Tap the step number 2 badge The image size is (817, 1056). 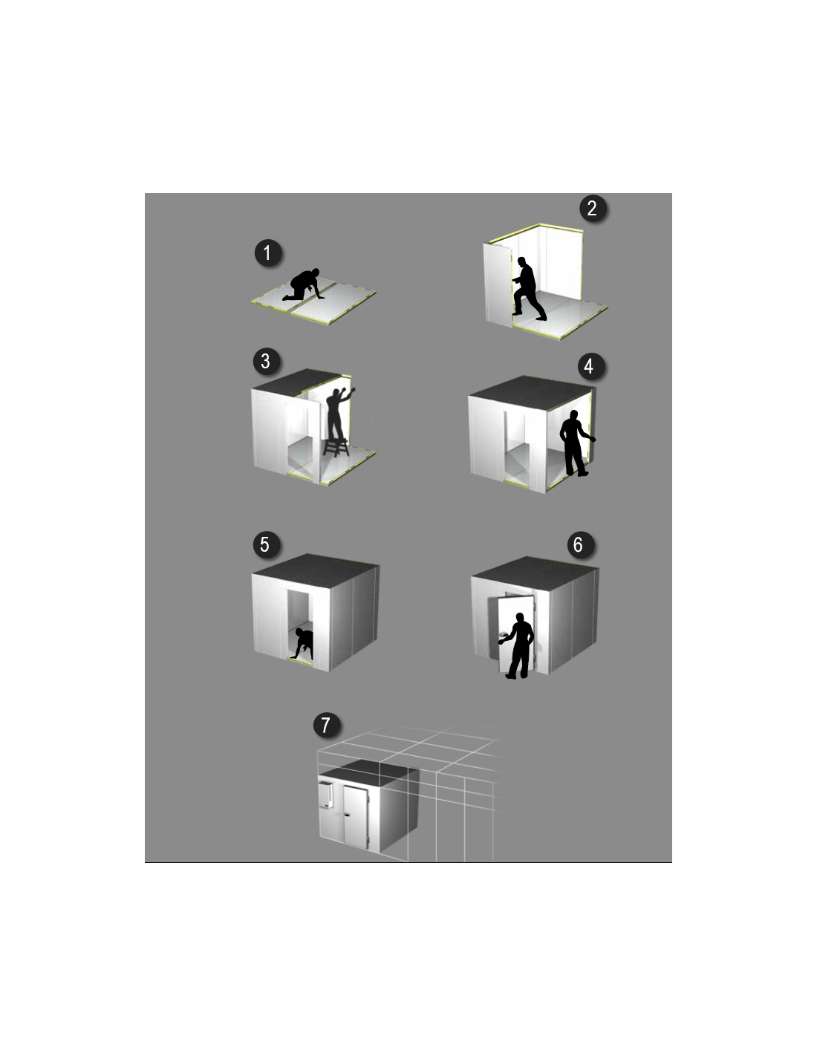pos(592,208)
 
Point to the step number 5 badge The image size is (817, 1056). pos(265,544)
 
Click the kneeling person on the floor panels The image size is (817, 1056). pos(302,285)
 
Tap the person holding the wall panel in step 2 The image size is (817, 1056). pos(528,289)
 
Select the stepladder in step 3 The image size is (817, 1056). pos(336,447)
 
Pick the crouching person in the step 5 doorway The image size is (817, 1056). pos(303,644)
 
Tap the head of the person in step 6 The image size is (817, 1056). pos(520,618)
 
